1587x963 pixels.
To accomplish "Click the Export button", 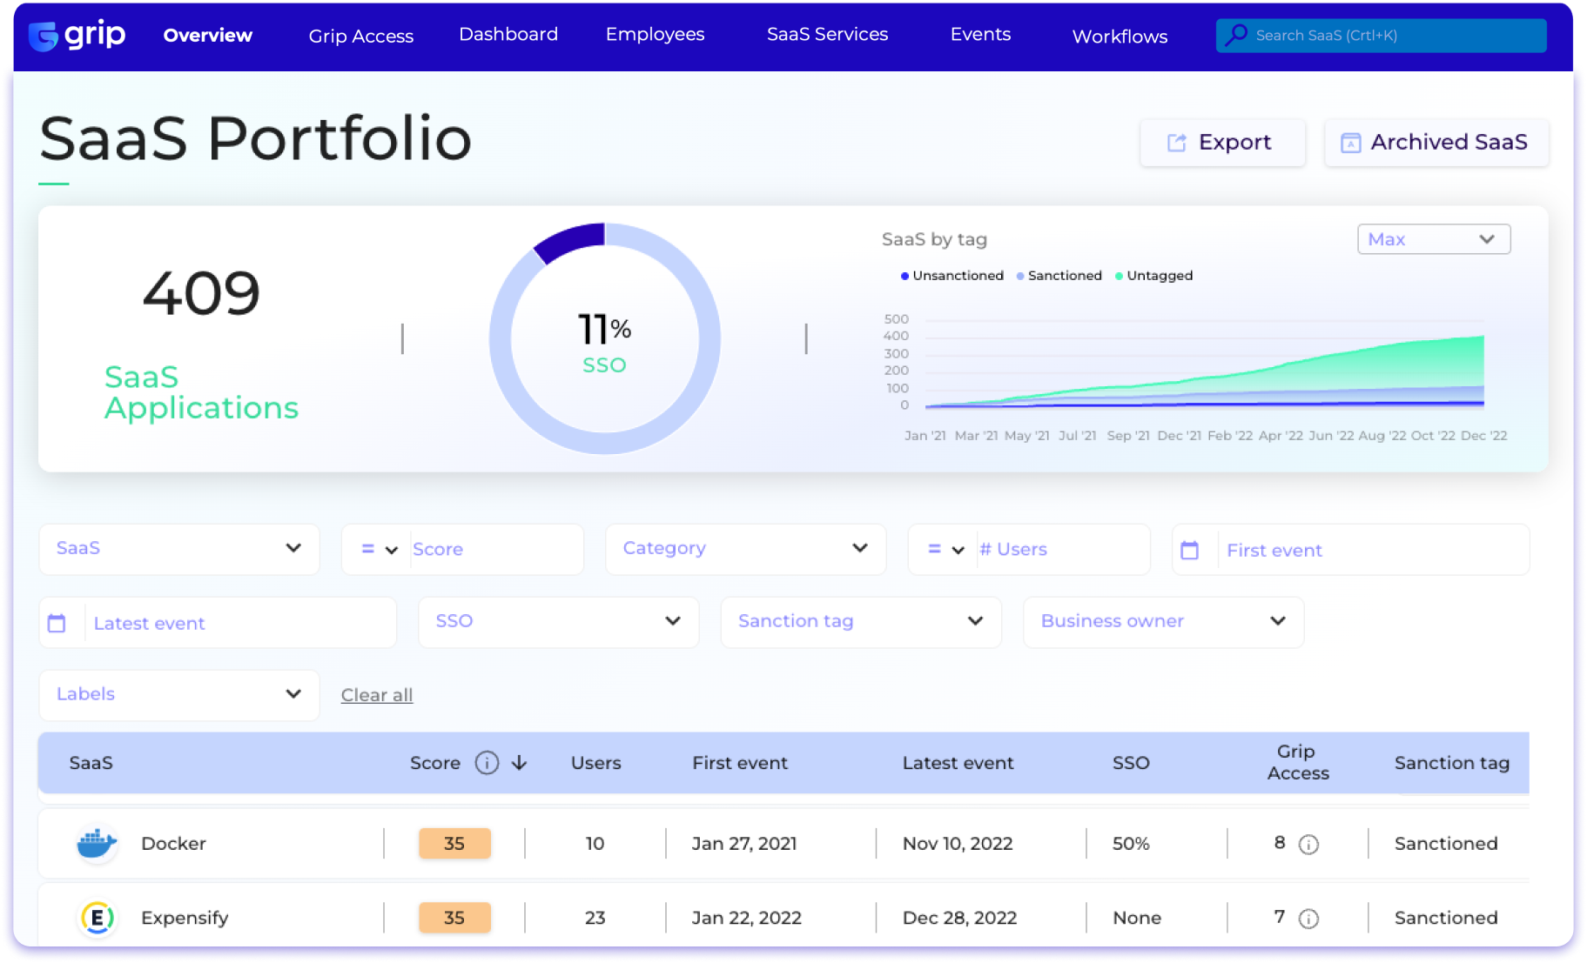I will (1221, 143).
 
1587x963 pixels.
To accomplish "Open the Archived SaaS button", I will (1436, 143).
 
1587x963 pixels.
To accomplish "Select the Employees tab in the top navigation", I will (655, 35).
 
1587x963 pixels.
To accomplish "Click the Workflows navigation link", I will (1120, 37).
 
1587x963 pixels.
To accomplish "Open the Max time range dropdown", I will (1433, 239).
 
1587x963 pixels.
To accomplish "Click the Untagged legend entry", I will (1159, 276).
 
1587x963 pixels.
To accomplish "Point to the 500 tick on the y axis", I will (896, 319).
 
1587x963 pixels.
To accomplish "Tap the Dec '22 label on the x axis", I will (1483, 436).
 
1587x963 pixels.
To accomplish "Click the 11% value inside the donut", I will (604, 330).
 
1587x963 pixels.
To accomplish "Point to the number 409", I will (201, 293).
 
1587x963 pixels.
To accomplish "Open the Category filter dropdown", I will (745, 549).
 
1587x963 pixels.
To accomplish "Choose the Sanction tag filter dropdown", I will (860, 621).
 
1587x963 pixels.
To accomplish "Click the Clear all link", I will (377, 695).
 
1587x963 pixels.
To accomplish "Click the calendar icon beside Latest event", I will (57, 623).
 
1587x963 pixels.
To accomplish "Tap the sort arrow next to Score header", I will (520, 763).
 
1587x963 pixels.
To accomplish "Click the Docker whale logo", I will (97, 843).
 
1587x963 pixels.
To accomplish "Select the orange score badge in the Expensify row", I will (454, 918).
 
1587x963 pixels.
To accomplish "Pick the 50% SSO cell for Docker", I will (1131, 844).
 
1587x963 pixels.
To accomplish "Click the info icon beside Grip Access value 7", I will (1308, 919).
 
